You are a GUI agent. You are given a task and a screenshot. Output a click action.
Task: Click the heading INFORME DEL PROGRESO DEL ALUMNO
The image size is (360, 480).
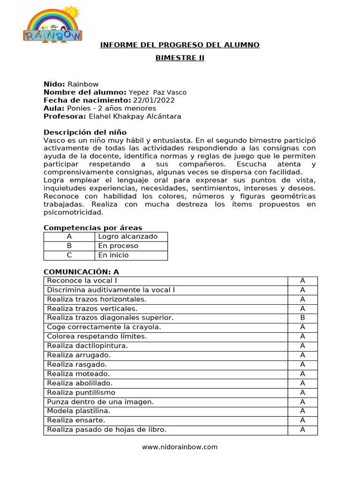[180, 45]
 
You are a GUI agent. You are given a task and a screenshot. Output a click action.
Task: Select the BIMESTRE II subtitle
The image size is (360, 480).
[180, 58]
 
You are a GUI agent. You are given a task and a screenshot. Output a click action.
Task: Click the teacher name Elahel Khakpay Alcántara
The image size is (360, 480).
[135, 116]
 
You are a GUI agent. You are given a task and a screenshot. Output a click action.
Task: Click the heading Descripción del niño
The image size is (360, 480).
[85, 133]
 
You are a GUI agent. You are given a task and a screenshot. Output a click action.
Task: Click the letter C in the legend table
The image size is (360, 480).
[69, 255]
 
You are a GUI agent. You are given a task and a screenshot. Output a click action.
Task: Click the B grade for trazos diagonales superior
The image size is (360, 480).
[302, 318]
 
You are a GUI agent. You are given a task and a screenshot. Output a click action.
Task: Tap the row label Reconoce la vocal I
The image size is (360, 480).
[82, 281]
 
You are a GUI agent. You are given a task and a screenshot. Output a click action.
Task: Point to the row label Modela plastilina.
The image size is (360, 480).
[72, 411]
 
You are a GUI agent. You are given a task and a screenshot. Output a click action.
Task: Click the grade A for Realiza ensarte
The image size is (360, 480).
[302, 420]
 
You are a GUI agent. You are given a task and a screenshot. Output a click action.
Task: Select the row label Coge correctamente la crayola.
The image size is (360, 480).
[104, 327]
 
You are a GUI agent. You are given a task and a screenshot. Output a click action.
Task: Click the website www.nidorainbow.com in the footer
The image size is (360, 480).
[180, 447]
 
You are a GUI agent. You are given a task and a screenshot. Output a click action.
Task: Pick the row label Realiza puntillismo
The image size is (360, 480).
[81, 392]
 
